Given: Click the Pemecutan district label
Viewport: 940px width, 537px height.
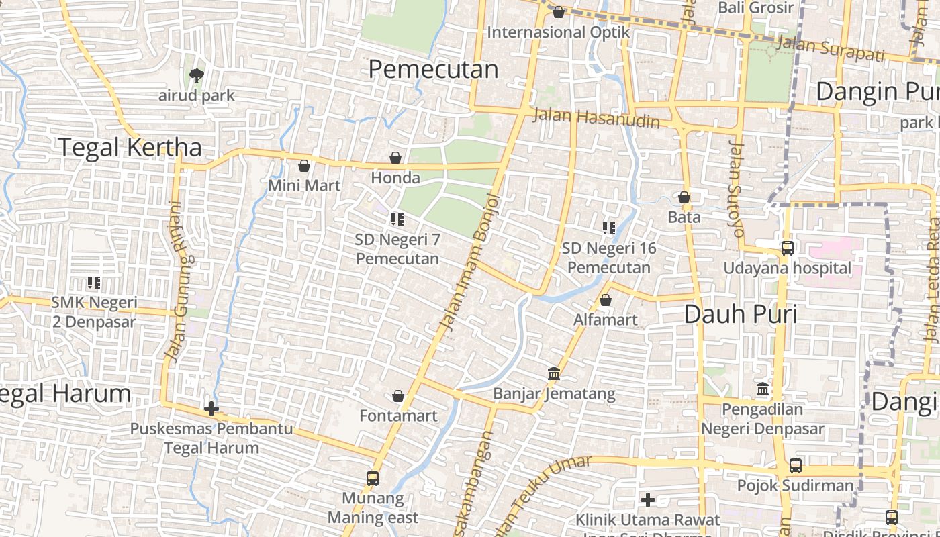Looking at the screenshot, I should (x=434, y=69).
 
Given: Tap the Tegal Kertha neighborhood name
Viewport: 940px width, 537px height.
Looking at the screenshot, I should (x=130, y=147).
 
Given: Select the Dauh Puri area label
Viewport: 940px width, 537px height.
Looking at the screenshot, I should (x=741, y=313).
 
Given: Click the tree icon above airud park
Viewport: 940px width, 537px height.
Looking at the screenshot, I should (x=196, y=76).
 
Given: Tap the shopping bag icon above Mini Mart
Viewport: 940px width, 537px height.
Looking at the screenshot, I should (x=304, y=166).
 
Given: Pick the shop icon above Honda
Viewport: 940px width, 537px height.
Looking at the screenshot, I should (x=395, y=158).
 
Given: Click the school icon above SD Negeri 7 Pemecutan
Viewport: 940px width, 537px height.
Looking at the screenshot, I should (x=397, y=219).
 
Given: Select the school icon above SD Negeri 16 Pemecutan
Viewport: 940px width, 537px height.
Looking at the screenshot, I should (x=609, y=228).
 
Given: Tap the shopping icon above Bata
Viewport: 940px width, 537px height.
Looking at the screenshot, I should (x=684, y=197).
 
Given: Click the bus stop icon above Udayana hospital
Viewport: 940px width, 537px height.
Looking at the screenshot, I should (x=787, y=248).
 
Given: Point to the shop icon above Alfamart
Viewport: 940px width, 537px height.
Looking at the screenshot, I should (x=606, y=300).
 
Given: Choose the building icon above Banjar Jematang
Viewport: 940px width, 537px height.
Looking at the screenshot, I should (x=554, y=373).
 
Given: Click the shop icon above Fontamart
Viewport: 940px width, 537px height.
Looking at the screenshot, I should (x=398, y=396).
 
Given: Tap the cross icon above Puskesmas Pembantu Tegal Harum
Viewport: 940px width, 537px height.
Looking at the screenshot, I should (x=211, y=408).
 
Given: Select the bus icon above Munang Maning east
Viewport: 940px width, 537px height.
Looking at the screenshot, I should (x=373, y=479).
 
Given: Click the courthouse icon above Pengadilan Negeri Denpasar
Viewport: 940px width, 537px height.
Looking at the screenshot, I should (x=763, y=389).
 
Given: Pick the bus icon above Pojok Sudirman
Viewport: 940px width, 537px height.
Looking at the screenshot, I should (x=796, y=465).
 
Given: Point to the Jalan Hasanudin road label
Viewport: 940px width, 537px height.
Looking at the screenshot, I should (x=596, y=118).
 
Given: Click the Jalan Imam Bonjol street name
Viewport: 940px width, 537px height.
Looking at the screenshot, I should (x=470, y=262).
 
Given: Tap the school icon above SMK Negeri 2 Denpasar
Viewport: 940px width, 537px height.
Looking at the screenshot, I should (x=94, y=283).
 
